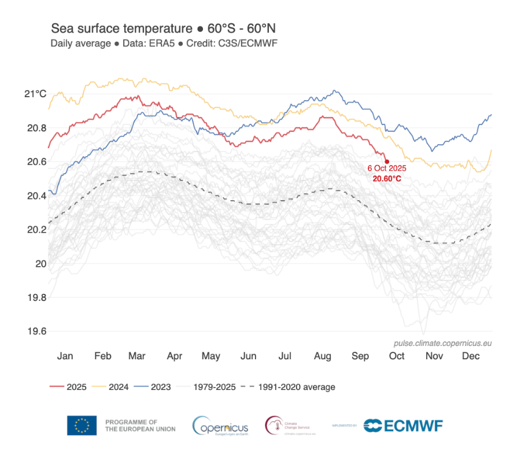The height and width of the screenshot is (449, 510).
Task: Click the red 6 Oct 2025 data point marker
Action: (386, 161)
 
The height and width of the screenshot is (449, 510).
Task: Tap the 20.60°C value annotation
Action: (387, 179)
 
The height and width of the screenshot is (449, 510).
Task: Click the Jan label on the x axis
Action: (65, 356)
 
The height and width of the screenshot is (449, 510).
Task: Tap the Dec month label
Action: (471, 356)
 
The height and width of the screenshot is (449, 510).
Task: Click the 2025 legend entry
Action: (69, 387)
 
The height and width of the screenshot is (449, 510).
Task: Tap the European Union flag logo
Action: (82, 426)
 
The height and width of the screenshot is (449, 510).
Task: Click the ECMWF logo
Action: (403, 426)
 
